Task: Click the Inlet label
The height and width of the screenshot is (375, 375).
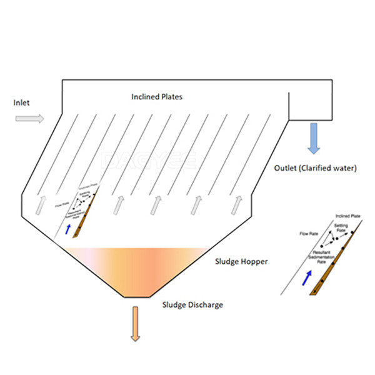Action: pyautogui.click(x=21, y=102)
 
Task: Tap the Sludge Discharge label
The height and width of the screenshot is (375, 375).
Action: pyautogui.click(x=192, y=305)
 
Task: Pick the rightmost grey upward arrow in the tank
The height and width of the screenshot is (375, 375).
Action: pyautogui.click(x=236, y=205)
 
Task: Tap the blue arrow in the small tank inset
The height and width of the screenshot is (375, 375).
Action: pyautogui.click(x=68, y=229)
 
